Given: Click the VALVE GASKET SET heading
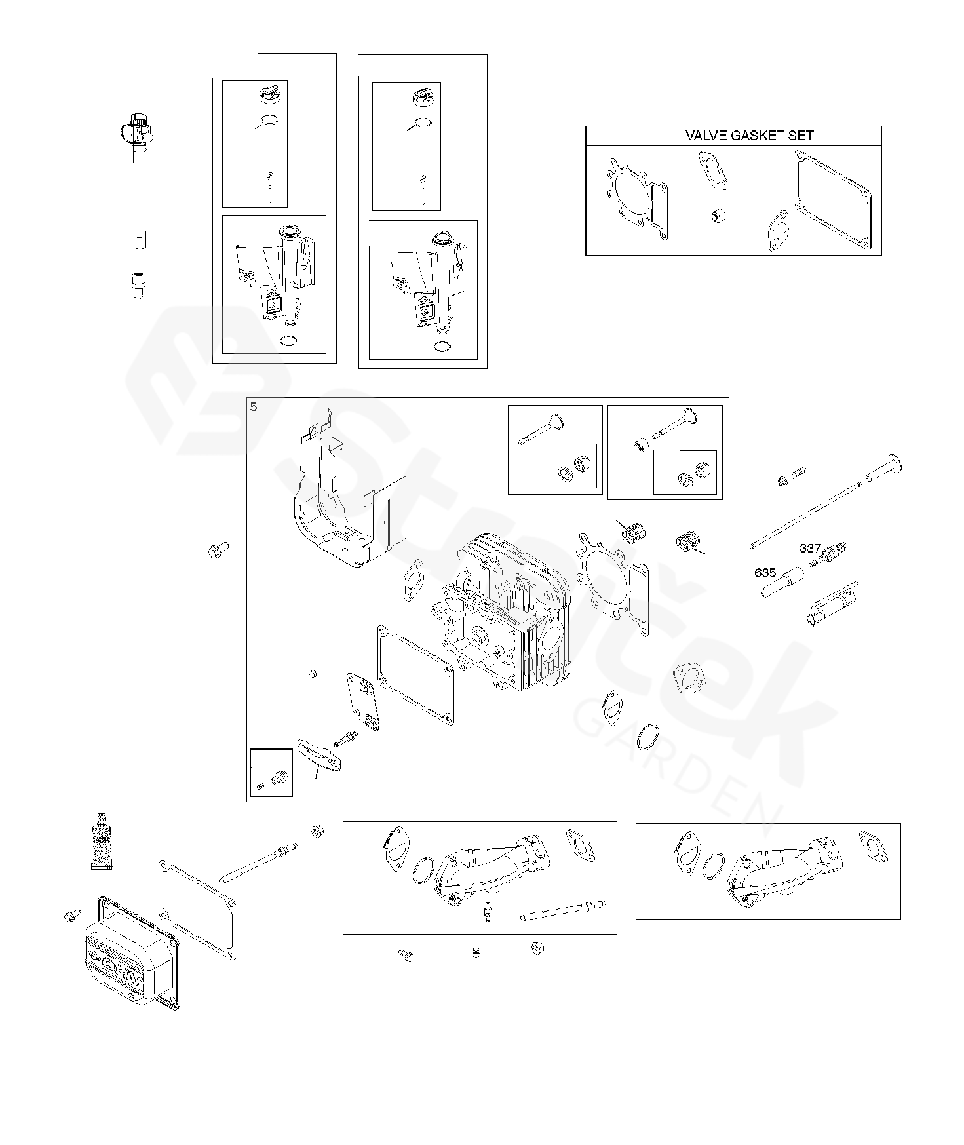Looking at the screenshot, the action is [x=749, y=136].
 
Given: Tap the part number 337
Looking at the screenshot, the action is [x=810, y=548].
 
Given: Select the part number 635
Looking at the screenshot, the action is [x=765, y=573].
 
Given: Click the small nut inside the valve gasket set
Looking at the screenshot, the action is [x=718, y=214].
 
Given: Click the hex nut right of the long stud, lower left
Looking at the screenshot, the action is [x=315, y=831].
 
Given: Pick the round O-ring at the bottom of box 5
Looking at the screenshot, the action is [x=647, y=737].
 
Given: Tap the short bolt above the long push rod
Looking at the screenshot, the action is [x=791, y=476].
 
